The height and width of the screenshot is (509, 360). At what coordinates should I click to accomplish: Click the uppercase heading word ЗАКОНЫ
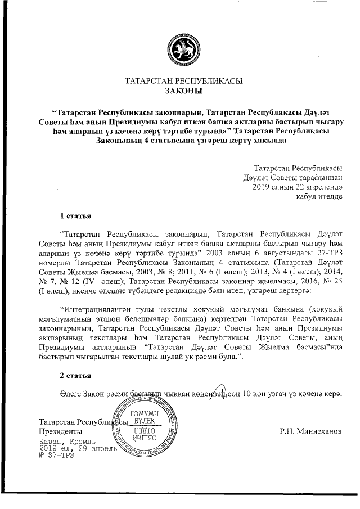pyautogui.click(x=183, y=91)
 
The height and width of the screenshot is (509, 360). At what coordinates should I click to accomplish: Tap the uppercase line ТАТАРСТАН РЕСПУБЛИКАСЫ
pyautogui.click(x=183, y=81)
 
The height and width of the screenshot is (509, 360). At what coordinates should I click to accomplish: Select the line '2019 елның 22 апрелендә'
pyautogui.click(x=297, y=187)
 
